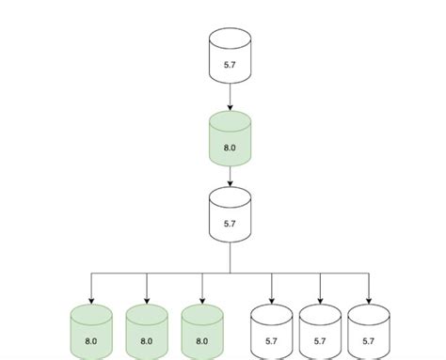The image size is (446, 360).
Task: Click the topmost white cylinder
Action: tap(231, 55)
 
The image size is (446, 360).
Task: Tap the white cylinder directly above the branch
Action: tap(231, 217)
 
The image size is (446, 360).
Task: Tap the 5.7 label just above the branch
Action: tap(231, 226)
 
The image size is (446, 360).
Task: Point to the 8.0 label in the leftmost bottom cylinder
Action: tap(91, 341)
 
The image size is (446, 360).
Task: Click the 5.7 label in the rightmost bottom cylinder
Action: tap(369, 341)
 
